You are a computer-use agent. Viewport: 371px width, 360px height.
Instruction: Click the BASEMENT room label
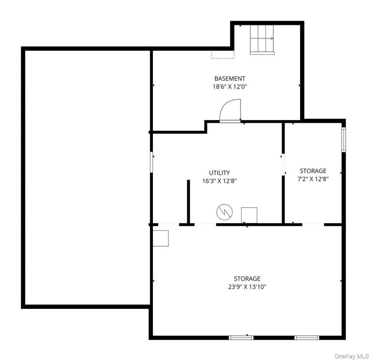click(229, 79)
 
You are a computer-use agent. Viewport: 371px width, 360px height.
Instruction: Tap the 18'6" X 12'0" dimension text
click(230, 87)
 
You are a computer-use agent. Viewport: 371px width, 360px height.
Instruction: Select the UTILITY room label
click(220, 172)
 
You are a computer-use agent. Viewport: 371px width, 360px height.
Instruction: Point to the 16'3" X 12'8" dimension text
click(220, 181)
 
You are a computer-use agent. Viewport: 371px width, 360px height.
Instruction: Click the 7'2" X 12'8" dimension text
click(313, 179)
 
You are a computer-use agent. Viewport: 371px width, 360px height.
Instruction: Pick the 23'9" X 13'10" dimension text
click(247, 287)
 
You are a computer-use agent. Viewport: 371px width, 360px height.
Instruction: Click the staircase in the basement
click(262, 40)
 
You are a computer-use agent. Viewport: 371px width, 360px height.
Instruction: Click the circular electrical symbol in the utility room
click(225, 212)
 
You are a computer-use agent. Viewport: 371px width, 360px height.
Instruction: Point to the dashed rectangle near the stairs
click(223, 55)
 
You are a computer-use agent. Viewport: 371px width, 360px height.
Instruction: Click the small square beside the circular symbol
click(249, 215)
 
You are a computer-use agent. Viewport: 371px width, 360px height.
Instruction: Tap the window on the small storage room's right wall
click(343, 140)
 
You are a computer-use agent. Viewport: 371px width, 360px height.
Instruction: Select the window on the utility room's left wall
click(151, 162)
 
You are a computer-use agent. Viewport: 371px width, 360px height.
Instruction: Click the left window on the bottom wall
click(241, 337)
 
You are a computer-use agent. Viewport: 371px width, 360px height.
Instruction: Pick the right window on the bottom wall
click(307, 337)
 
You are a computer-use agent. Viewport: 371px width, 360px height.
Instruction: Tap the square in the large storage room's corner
click(161, 239)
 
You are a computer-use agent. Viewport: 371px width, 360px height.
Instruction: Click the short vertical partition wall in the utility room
click(189, 202)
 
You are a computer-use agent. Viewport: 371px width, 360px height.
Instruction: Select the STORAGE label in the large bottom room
click(247, 278)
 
